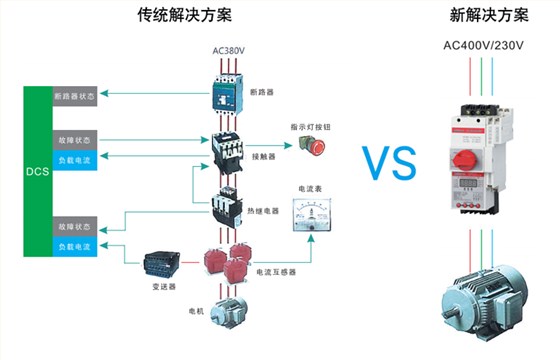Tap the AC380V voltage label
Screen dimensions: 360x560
[228, 51]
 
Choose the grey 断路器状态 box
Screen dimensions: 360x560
[75, 96]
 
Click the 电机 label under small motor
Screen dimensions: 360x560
[196, 311]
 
